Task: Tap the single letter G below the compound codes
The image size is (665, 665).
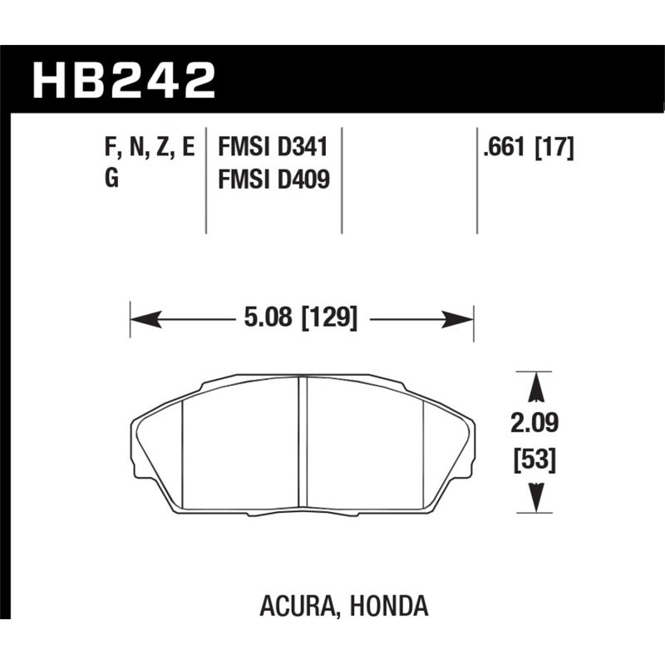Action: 111,178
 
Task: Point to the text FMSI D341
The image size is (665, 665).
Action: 273,148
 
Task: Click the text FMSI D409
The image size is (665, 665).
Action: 273,178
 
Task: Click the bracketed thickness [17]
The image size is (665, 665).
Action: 554,148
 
